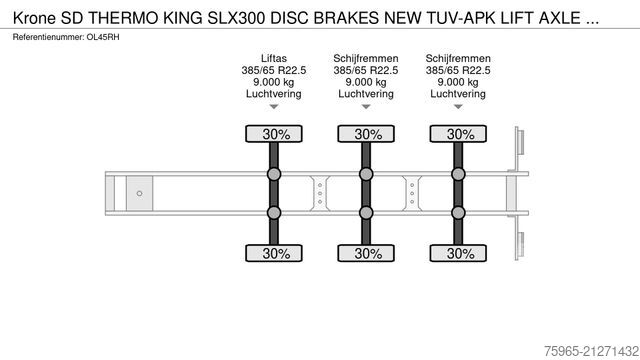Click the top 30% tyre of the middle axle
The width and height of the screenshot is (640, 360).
[x=367, y=134]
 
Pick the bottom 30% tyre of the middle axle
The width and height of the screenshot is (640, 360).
[x=367, y=253]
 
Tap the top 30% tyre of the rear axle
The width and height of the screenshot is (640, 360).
[x=459, y=134]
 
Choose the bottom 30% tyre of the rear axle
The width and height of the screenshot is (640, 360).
[x=459, y=253]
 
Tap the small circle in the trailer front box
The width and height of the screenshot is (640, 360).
[x=140, y=193]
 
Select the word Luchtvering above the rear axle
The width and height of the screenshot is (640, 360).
[x=459, y=94]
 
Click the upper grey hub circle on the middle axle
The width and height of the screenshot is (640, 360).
[x=367, y=175]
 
